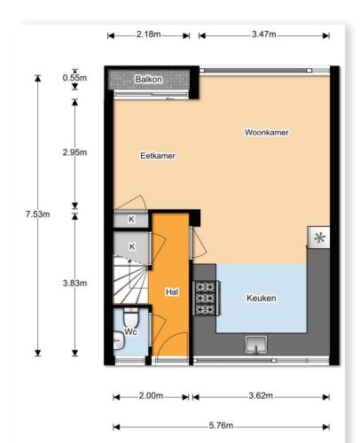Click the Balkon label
point(148,79)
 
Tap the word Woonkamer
point(266,132)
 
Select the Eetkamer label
point(158,156)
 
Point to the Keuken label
point(262,298)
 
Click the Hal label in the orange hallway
point(172,292)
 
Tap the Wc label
point(130,331)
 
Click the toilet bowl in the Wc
point(130,316)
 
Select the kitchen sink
point(256,345)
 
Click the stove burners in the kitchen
point(206,299)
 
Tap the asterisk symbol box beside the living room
point(319,237)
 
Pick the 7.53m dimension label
point(37,214)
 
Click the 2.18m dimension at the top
point(148,35)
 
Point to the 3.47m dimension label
point(264,35)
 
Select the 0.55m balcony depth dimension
point(74,78)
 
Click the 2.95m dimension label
point(74,152)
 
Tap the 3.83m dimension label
point(74,284)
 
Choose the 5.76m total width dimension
point(221,425)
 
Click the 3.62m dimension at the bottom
point(261,395)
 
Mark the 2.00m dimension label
point(151,395)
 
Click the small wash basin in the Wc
point(119,340)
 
